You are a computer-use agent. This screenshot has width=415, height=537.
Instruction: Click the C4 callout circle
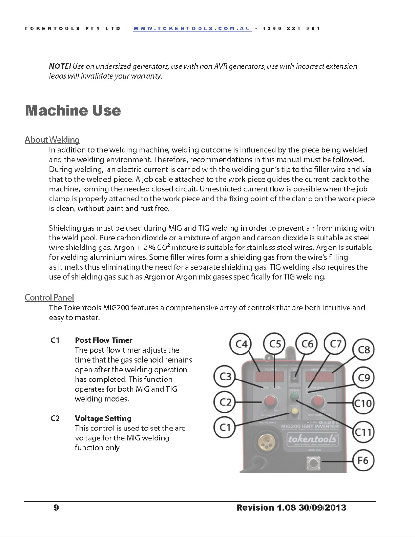241,344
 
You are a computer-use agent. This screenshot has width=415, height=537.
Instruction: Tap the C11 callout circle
363,432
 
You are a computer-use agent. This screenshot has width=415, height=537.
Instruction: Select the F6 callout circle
363,460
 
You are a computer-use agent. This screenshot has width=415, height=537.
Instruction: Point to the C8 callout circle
364,350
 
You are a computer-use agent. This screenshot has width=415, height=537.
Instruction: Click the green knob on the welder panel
294,396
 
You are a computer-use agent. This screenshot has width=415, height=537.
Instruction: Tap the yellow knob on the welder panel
294,411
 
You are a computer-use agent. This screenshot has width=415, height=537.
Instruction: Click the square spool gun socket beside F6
313,463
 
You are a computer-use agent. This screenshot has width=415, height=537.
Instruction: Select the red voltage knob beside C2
270,402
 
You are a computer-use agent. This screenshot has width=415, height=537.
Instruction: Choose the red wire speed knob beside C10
318,402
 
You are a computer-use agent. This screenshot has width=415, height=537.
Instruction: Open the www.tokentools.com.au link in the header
192,28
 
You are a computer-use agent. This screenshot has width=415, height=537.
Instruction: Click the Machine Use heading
73,110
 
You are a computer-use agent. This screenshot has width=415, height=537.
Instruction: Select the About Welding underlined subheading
52,140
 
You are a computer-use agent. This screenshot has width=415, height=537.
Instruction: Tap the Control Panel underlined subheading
49,297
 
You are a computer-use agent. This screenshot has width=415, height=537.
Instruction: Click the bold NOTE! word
60,66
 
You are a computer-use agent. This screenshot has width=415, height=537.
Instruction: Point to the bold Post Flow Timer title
104,340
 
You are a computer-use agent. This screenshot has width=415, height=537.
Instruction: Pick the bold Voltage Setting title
103,418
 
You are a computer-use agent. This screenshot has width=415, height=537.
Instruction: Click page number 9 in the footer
56,508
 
